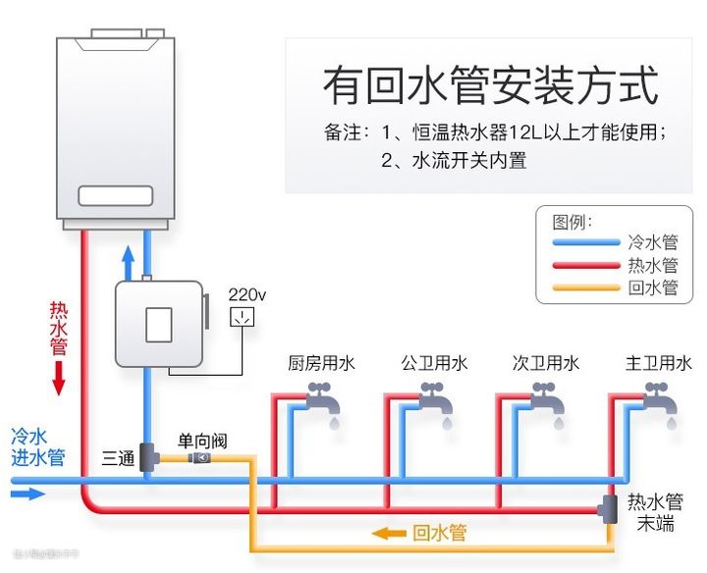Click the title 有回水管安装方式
tap(490, 86)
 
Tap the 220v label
tap(247, 294)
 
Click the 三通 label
tap(118, 458)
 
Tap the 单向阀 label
tap(200, 441)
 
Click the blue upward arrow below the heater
tap(127, 263)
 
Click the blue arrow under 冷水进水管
tap(29, 494)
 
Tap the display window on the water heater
tap(116, 195)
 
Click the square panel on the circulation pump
tap(159, 324)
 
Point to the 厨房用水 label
tap(321, 364)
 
